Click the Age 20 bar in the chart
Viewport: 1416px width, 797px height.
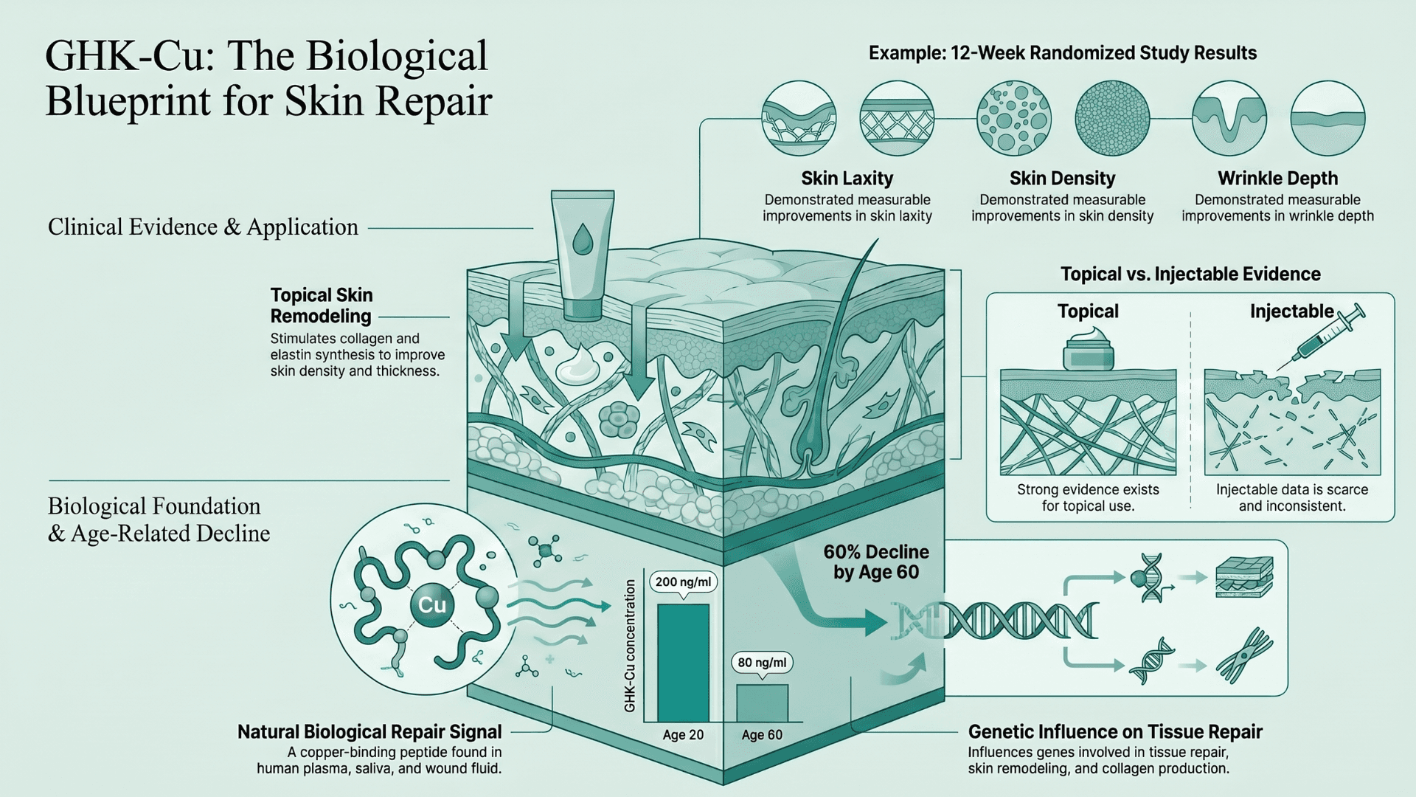click(x=683, y=663)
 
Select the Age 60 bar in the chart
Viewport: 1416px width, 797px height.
click(x=763, y=703)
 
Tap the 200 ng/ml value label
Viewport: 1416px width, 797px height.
click(x=683, y=582)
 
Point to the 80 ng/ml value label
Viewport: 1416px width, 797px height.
click(x=763, y=663)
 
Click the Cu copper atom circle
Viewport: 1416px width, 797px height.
click(x=432, y=605)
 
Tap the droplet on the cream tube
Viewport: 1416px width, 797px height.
click(x=583, y=239)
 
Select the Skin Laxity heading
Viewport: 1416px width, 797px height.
click(x=847, y=179)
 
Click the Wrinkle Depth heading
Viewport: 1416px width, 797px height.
click(x=1278, y=179)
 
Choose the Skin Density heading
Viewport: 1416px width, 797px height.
click(x=1063, y=179)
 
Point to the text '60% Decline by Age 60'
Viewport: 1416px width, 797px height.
click(x=876, y=562)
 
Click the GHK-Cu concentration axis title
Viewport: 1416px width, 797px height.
click(x=630, y=646)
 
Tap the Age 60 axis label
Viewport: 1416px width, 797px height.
click(x=762, y=735)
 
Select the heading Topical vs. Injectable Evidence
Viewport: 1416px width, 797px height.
click(x=1190, y=275)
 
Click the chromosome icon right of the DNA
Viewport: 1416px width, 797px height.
click(x=1245, y=655)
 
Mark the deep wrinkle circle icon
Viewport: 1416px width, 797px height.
click(x=1229, y=118)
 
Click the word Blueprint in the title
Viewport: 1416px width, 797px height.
click(x=128, y=101)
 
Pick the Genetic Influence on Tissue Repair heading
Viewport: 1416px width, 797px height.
click(x=1115, y=732)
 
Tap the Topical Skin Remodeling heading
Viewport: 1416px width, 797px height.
click(x=322, y=306)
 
